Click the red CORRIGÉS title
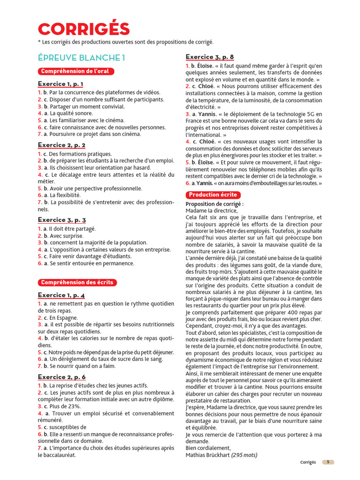(x=84, y=29)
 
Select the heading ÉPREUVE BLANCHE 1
(x=82, y=58)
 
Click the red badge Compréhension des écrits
(x=77, y=282)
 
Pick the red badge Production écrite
(x=213, y=195)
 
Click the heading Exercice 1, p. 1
(x=60, y=84)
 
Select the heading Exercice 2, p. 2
(x=61, y=145)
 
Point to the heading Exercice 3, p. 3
(x=61, y=220)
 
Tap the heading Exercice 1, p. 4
(x=61, y=295)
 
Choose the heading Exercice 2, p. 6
(x=61, y=377)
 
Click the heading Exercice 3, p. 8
(x=210, y=57)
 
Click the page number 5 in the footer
(x=328, y=462)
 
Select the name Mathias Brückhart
(x=208, y=455)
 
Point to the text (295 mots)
(x=244, y=455)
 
